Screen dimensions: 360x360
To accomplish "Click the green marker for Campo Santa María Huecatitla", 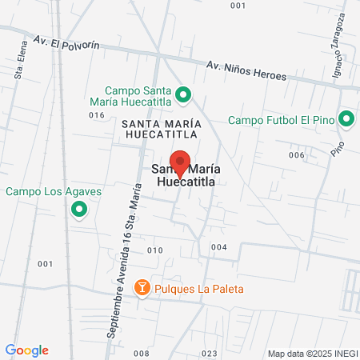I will [x=182, y=96].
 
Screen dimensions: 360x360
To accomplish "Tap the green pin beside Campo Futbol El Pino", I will [x=346, y=120].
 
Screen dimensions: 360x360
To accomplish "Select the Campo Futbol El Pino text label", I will [x=280, y=121].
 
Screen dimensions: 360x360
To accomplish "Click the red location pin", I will [x=180, y=164].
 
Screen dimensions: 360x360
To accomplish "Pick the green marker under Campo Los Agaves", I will [x=78, y=210].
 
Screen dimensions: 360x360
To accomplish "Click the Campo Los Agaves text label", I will [x=43, y=191].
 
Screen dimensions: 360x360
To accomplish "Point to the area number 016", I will [x=98, y=115].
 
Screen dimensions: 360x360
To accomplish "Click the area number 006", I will [x=297, y=155].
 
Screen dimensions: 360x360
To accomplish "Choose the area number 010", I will [x=155, y=250].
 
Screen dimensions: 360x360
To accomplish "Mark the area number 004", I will [x=219, y=247].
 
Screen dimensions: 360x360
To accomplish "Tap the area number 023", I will [x=210, y=353].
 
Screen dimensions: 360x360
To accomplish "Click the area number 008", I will [x=142, y=353].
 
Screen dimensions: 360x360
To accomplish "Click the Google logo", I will [x=26, y=350].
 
